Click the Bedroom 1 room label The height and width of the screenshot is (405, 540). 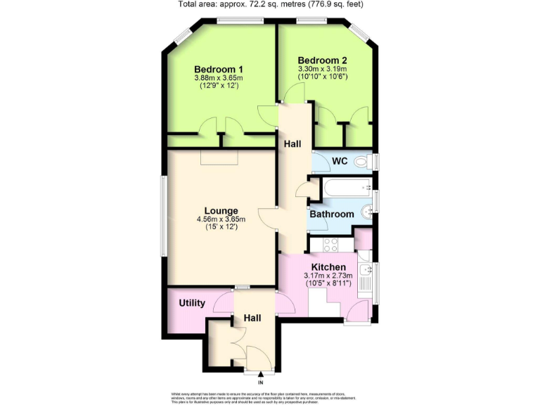point(219,69)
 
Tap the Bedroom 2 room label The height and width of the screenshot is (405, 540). point(322,60)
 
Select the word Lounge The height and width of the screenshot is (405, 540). point(221,210)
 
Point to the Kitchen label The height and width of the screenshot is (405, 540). point(328,267)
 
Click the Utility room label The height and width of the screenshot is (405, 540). point(192,303)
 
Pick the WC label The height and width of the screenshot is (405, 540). point(340,161)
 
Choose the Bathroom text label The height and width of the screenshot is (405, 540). point(332,214)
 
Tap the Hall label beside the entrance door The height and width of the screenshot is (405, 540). point(252,318)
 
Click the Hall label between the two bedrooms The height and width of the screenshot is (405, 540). point(292,143)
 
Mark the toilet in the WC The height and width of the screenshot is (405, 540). point(363,162)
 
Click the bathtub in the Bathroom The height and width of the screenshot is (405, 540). point(346,188)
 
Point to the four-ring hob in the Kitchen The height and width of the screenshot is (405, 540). point(330,245)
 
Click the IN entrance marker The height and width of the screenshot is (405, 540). point(260,382)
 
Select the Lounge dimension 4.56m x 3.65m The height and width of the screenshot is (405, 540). point(221,219)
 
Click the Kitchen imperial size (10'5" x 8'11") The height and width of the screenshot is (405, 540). point(328,284)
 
